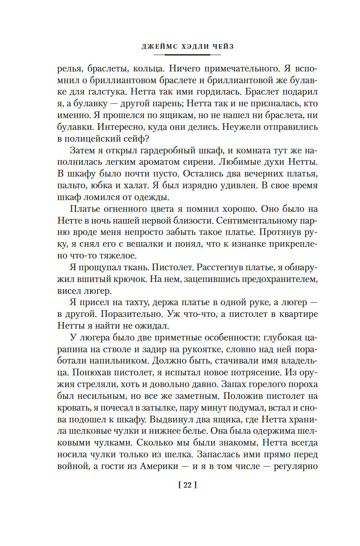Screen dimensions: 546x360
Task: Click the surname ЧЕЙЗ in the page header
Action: click(x=221, y=47)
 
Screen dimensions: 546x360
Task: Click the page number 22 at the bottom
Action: click(x=188, y=485)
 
